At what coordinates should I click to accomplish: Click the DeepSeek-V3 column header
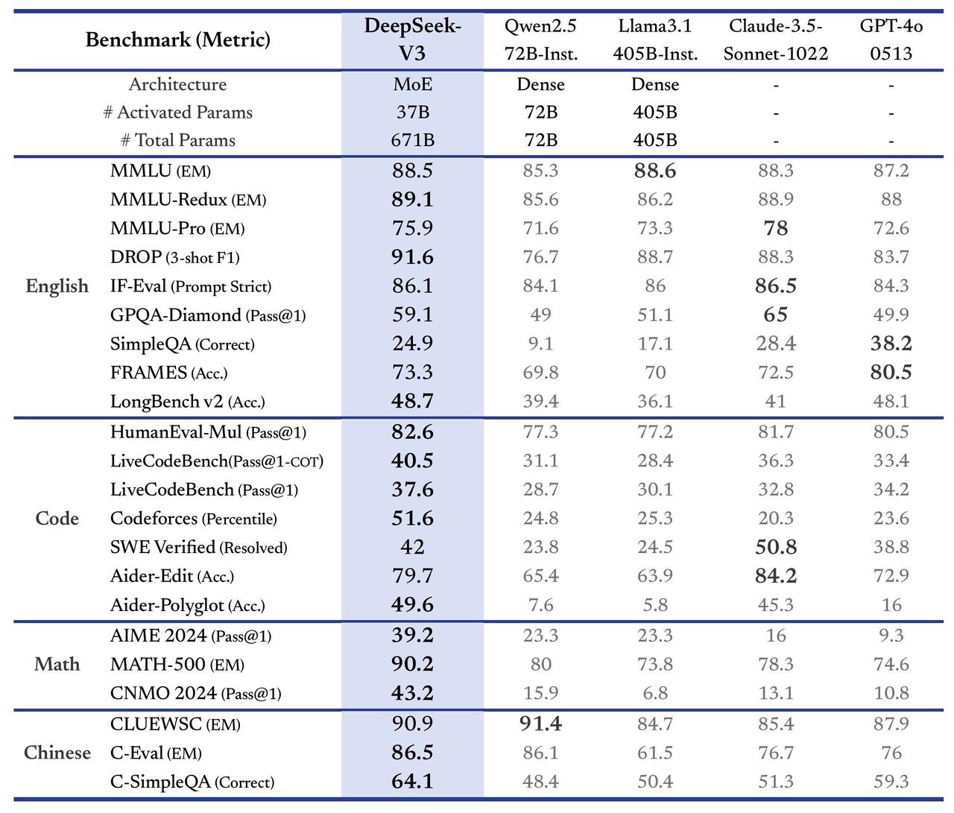point(412,39)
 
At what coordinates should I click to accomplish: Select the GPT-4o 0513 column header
point(891,39)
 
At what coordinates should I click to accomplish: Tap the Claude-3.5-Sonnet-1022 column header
point(775,39)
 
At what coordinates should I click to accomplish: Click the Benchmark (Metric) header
point(177,39)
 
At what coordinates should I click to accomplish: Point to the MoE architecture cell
point(412,84)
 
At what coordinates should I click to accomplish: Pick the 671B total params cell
point(412,140)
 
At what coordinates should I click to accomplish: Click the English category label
point(57,286)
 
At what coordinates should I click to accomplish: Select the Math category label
point(57,664)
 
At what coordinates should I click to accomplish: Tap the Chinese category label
point(57,753)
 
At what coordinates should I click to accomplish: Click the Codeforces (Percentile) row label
point(193,519)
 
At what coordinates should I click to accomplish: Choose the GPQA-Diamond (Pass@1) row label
point(208,315)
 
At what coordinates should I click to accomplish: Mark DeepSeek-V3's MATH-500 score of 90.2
point(412,664)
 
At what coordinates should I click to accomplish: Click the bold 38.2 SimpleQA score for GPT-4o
point(891,344)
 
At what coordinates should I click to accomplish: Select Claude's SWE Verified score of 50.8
point(775,547)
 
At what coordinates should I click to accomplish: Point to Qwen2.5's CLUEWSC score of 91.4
point(540,724)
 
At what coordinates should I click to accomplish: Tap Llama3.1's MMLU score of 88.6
point(654,171)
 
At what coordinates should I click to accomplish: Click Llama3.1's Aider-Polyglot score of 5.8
point(654,605)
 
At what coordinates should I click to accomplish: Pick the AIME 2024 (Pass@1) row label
point(191,636)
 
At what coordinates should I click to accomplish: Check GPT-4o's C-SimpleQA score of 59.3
point(891,782)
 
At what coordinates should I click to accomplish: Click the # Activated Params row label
point(177,113)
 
